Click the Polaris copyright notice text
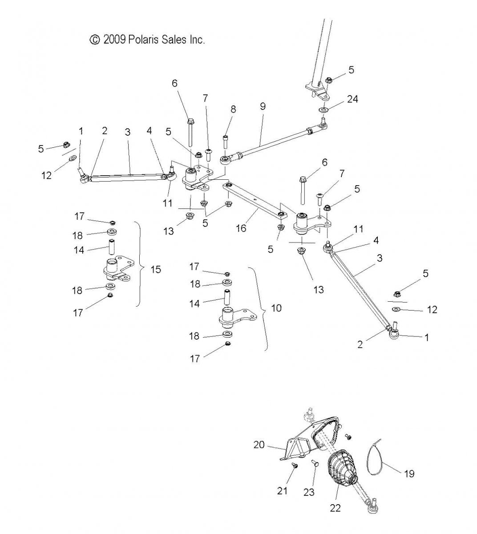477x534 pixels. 147,40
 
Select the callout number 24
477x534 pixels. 352,99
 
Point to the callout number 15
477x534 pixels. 156,269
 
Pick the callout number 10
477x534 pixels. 276,308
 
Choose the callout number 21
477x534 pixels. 282,491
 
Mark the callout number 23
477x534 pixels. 309,492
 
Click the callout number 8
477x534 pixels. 233,109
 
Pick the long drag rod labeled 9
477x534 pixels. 274,142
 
